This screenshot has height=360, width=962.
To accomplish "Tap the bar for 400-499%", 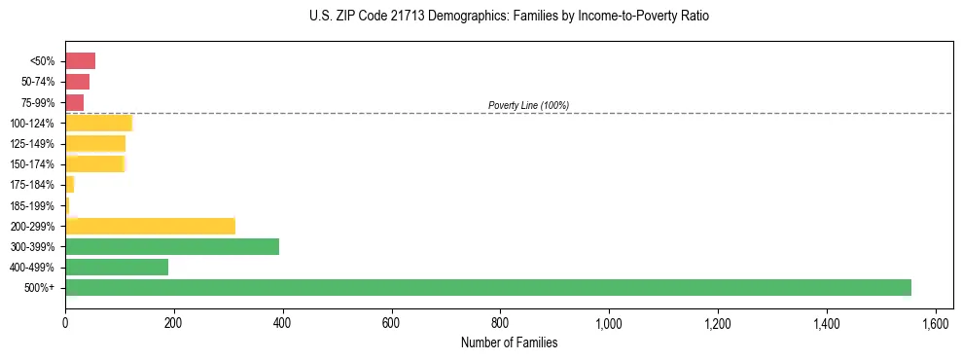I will point(117,267).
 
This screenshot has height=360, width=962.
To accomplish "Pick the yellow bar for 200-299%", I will point(151,226).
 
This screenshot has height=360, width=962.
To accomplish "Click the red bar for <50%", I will point(80,61).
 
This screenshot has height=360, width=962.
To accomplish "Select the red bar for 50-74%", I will point(77,82).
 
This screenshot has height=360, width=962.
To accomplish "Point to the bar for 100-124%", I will point(98,123).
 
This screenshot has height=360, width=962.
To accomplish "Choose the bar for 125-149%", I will point(95,143).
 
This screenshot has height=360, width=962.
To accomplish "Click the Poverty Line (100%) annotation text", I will point(528,105).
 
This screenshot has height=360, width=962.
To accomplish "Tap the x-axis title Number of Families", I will point(509,342).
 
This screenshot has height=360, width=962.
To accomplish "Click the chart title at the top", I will point(509,17).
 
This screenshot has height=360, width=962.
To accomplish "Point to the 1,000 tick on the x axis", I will point(609,323).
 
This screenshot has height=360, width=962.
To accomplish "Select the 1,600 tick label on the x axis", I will point(935,323).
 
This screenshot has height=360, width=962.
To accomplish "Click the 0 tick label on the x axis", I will point(65,323).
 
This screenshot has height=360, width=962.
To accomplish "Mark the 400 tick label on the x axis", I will point(283,323).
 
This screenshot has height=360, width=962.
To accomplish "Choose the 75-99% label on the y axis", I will point(40,102).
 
